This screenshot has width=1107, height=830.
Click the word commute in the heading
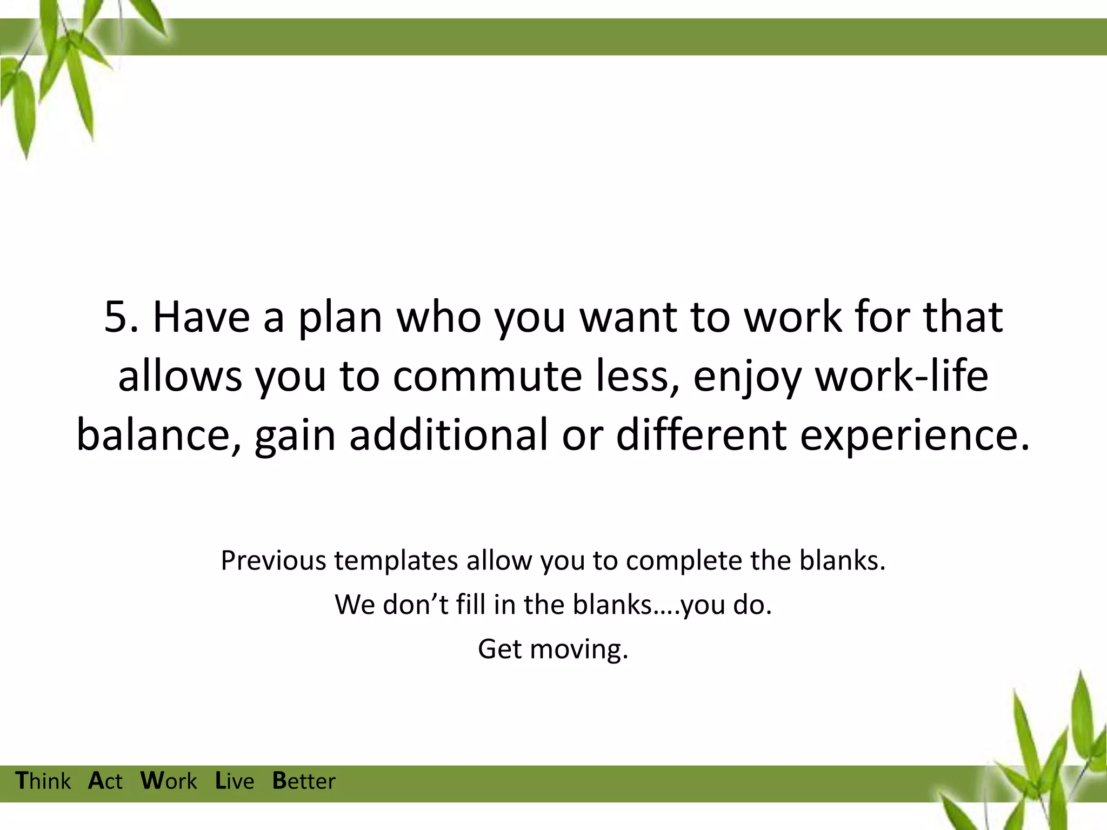point(486,377)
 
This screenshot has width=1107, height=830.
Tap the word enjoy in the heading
point(746,377)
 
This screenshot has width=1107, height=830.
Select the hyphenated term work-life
point(902,377)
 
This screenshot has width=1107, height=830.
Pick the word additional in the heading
point(448,435)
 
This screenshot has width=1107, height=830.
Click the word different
point(701,435)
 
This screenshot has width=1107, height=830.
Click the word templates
point(396,560)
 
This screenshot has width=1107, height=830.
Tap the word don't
point(416,605)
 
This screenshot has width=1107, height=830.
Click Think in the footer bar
point(43,781)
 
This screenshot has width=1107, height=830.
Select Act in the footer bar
point(105,781)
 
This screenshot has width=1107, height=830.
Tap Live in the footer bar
point(235,781)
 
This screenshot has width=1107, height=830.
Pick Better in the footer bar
point(304,781)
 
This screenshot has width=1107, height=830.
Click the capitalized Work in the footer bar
point(169,781)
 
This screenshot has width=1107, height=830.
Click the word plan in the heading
point(341,318)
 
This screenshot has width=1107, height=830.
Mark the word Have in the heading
point(201,318)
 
